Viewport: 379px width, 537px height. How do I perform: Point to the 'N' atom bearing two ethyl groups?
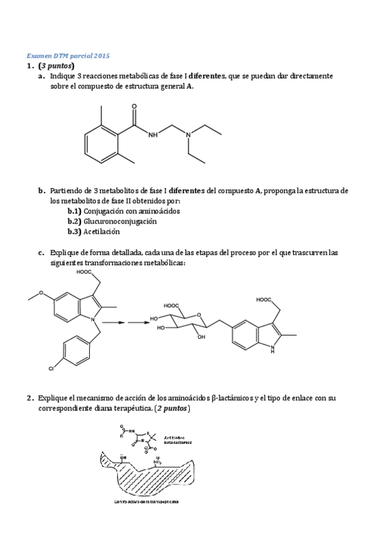tap(187, 134)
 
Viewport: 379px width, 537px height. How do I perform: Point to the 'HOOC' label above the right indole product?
tap(266, 299)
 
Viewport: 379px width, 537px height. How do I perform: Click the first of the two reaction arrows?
tap(111, 322)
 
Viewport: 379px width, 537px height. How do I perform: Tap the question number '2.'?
tap(30, 398)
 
